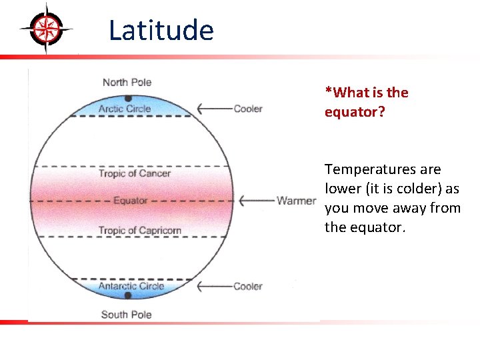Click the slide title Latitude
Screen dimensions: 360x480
(x=161, y=31)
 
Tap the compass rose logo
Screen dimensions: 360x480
(x=46, y=27)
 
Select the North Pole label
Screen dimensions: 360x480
(x=127, y=82)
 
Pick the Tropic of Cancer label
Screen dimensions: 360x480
(x=135, y=173)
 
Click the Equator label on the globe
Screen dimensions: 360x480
(x=130, y=200)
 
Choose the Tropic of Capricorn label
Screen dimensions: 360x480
(x=140, y=231)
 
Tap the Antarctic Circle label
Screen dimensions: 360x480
(x=131, y=286)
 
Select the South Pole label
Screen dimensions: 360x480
(x=126, y=314)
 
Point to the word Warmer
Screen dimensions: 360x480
(x=297, y=200)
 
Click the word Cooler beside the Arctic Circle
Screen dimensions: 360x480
(x=248, y=109)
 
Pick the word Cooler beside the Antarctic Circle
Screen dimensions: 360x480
(x=248, y=286)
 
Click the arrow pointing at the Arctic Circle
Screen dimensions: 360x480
(x=213, y=109)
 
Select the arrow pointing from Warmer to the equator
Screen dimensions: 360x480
(x=257, y=200)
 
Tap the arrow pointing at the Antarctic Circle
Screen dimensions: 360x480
(x=213, y=286)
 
